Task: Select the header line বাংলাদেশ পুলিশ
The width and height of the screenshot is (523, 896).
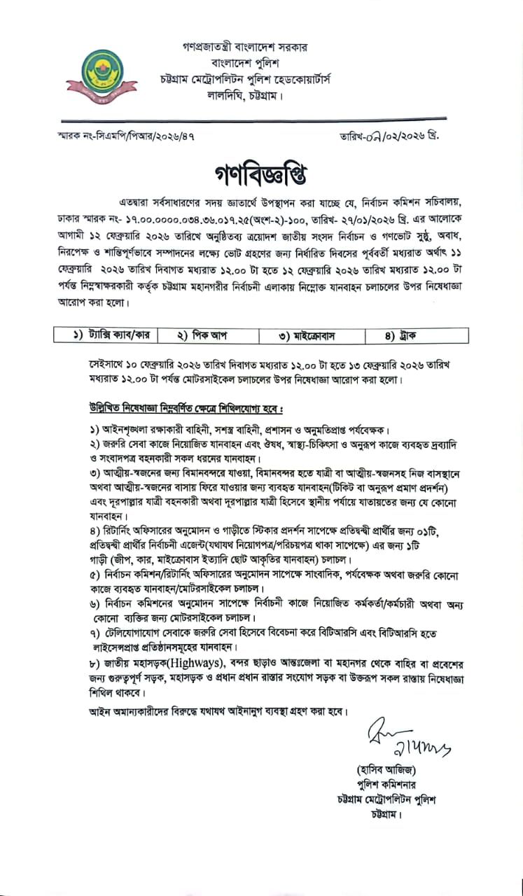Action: (241, 63)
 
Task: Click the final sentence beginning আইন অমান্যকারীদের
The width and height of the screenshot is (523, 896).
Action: (218, 710)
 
